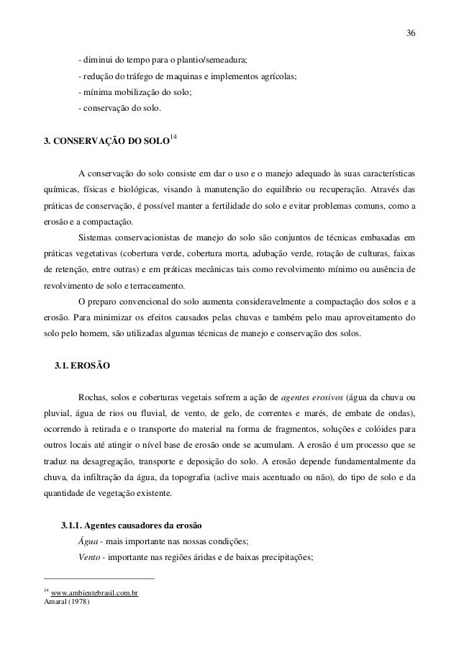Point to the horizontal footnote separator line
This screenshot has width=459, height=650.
click(x=99, y=578)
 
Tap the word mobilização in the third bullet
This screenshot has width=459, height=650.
click(x=135, y=94)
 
